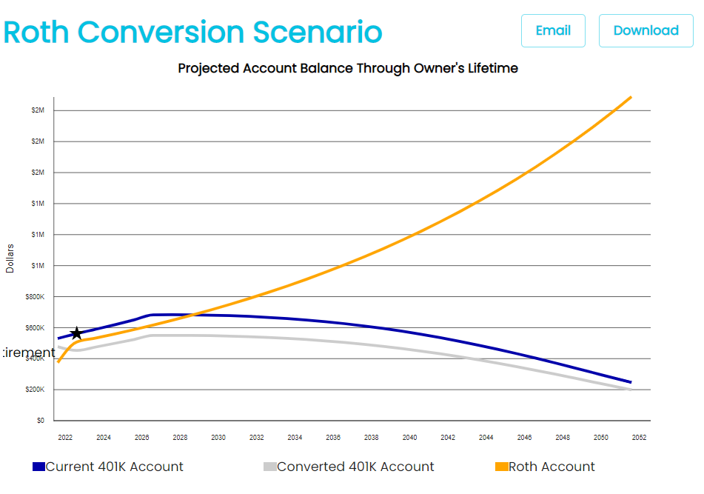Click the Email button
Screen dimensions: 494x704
(x=553, y=30)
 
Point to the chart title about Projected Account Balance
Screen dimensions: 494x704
(x=348, y=68)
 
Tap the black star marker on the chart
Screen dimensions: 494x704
(x=76, y=333)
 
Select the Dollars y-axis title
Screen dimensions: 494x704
(x=10, y=258)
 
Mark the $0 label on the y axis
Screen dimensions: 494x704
(x=41, y=421)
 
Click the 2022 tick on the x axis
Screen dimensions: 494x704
(x=65, y=438)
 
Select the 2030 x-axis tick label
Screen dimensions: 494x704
(x=218, y=438)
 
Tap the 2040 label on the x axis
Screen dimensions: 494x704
(x=410, y=438)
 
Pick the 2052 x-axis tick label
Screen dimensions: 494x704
(x=639, y=438)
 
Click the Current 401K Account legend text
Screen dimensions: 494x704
(x=115, y=467)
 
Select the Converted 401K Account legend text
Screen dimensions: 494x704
(x=355, y=467)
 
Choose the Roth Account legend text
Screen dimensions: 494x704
(x=552, y=467)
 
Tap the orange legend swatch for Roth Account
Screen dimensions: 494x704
(x=501, y=467)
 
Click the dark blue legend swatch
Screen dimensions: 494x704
(x=38, y=467)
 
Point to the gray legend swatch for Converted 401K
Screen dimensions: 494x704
(x=270, y=467)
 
